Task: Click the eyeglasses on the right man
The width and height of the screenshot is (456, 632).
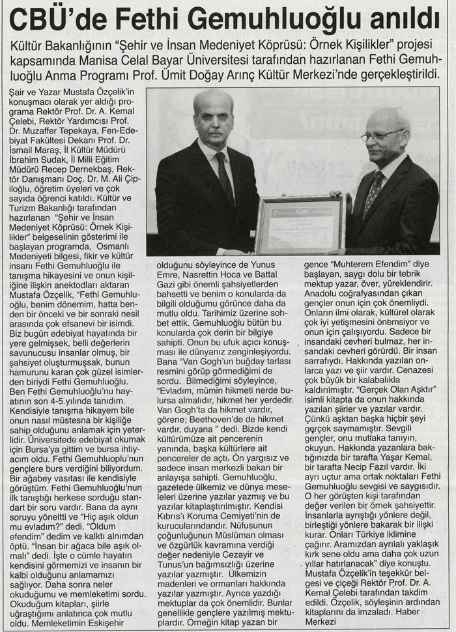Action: (x=383, y=135)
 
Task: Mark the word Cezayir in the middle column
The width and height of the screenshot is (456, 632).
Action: (x=248, y=556)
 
